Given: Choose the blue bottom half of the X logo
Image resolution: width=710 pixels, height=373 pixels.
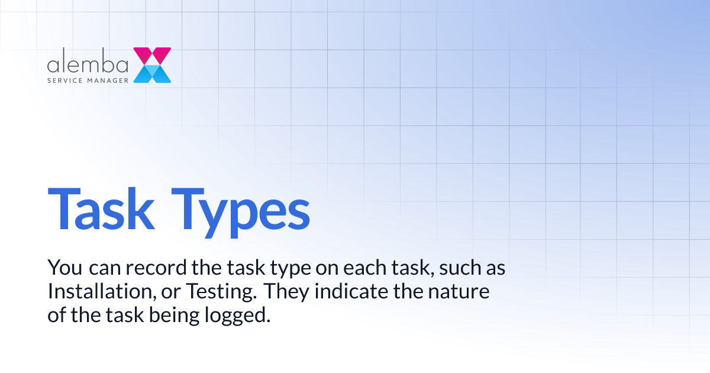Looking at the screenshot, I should click(152, 73).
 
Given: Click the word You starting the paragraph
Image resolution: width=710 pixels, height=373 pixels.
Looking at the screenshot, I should click(65, 268).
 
